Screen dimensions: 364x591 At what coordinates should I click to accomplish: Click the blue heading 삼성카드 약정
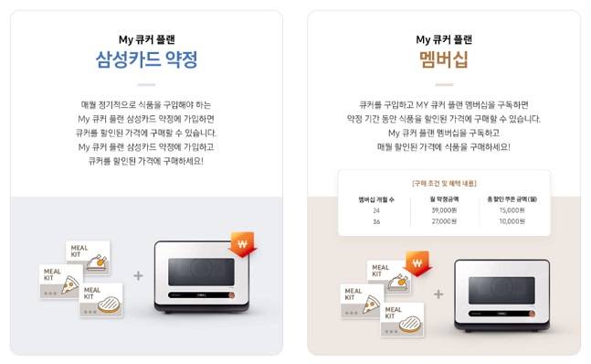[x=146, y=60]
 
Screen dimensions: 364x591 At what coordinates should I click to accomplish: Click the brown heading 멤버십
[x=443, y=60]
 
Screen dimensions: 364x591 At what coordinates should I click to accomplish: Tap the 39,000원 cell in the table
[x=444, y=209]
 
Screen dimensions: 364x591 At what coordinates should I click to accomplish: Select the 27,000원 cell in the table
[x=444, y=220]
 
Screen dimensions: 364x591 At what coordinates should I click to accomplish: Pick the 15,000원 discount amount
[x=510, y=209]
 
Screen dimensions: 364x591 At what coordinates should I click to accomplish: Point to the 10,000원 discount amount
[x=510, y=220]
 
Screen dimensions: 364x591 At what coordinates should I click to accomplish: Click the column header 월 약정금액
[x=444, y=198]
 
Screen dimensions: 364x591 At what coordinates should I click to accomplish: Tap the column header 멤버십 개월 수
[x=375, y=198]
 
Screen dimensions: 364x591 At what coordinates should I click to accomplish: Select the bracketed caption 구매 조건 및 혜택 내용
[x=444, y=183]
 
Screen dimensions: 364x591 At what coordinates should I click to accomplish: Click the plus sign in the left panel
[x=138, y=274]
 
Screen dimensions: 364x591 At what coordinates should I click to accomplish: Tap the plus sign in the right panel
[x=438, y=294]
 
